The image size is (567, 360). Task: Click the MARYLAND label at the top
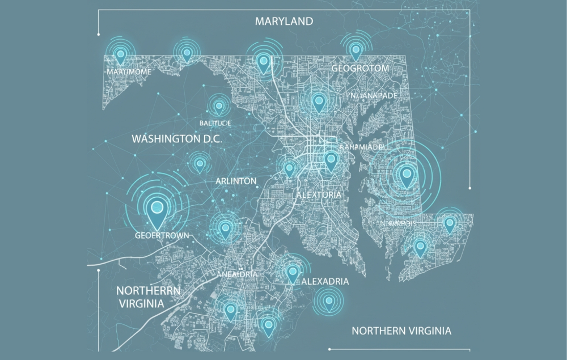tap(283, 22)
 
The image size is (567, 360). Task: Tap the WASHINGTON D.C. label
tap(176, 138)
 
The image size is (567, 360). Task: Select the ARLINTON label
tap(236, 181)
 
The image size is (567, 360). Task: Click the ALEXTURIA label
tap(319, 194)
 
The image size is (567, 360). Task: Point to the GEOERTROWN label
tap(158, 235)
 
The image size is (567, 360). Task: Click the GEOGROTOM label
tap(360, 69)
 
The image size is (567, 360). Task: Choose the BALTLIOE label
tap(215, 122)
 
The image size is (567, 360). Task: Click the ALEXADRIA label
tap(325, 282)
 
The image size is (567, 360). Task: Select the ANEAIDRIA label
tap(238, 274)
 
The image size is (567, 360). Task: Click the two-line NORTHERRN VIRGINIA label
tap(148, 297)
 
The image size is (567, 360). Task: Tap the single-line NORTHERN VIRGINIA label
tap(401, 331)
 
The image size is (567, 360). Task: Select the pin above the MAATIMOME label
tap(120, 56)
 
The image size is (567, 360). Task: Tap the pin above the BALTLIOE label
tap(218, 105)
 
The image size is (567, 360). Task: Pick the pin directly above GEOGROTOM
tap(356, 50)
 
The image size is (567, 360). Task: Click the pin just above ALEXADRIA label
tap(293, 273)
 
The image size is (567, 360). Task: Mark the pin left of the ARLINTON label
tap(200, 164)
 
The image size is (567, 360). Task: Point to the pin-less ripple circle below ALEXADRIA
tap(328, 300)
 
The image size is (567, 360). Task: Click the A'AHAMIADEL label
tap(361, 147)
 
